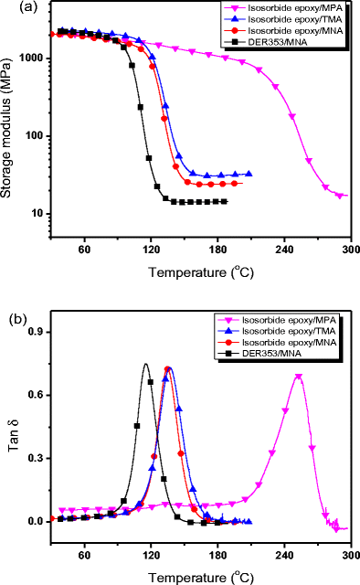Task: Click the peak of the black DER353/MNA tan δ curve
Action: click(145, 364)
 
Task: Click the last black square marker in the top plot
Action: click(225, 201)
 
